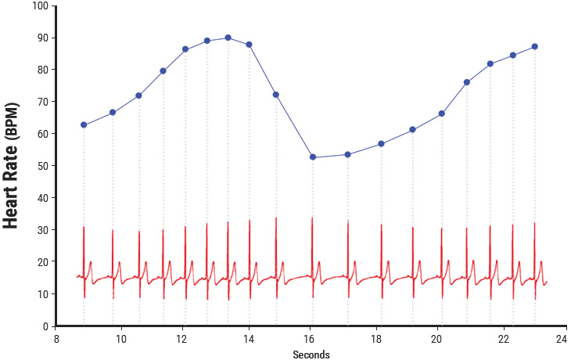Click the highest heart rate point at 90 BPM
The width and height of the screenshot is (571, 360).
pyautogui.click(x=228, y=38)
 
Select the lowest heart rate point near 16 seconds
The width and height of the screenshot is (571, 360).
pyautogui.click(x=313, y=157)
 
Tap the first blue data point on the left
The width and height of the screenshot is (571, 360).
pyautogui.click(x=84, y=125)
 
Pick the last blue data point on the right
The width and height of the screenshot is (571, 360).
pyautogui.click(x=535, y=47)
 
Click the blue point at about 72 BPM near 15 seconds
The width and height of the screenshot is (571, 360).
pyautogui.click(x=276, y=95)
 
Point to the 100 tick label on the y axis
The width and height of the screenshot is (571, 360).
pyautogui.click(x=38, y=6)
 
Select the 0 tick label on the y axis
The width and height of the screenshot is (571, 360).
pyautogui.click(x=45, y=326)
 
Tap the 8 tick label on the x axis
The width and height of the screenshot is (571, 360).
pyautogui.click(x=57, y=339)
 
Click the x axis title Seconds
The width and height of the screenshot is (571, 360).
pyautogui.click(x=311, y=355)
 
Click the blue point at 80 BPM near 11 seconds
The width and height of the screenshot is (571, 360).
pyautogui.click(x=163, y=71)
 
